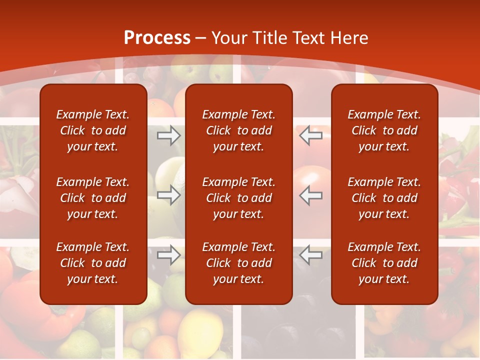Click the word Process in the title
pos(157,38)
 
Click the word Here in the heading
pos(349,38)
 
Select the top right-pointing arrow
pos(168,135)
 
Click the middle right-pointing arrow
pos(168,195)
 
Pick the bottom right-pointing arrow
pos(168,255)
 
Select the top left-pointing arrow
pos(311,135)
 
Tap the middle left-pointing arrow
pos(311,195)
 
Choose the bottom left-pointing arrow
pos(311,255)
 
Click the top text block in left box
pos(93,130)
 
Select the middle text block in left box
pos(93,198)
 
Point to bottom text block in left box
pos(93,263)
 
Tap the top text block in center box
pos(239,130)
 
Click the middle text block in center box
pos(239,198)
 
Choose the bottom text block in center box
pos(239,263)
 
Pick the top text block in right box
pos(384,130)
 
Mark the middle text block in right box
pos(384,198)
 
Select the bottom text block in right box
pos(384,263)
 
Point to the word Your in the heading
pos(229,38)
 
